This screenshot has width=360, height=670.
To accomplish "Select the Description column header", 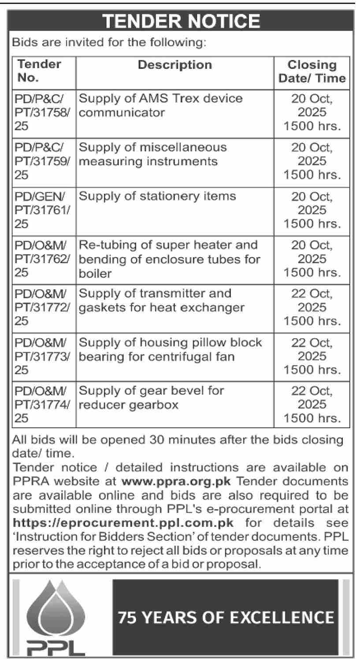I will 174,65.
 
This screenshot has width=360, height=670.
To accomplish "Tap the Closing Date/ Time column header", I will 312,72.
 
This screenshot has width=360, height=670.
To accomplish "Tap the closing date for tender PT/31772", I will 312,307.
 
